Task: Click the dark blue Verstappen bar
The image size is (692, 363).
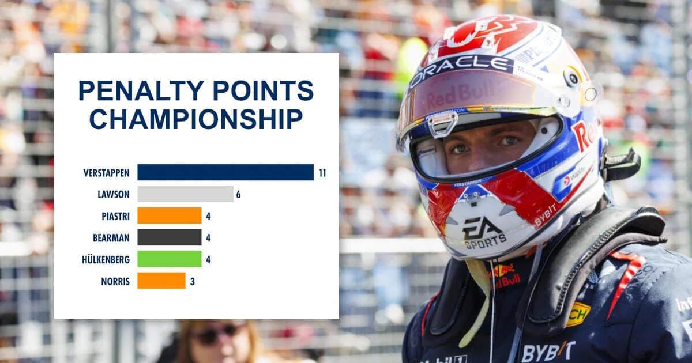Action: (x=225, y=172)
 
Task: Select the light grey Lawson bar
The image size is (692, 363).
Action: (x=185, y=194)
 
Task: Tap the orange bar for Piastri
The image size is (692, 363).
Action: (x=169, y=215)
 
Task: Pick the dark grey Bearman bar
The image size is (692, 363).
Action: (x=169, y=237)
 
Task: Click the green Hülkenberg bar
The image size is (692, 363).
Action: (x=169, y=259)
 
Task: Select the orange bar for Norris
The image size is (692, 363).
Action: (x=161, y=281)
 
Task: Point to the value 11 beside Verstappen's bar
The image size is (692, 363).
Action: (x=322, y=172)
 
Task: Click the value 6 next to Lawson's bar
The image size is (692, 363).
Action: (x=238, y=194)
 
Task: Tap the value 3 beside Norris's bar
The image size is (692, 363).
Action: (x=192, y=281)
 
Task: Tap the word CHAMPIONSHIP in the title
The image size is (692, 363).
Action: (x=196, y=119)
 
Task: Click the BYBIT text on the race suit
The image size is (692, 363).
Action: (x=548, y=351)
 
